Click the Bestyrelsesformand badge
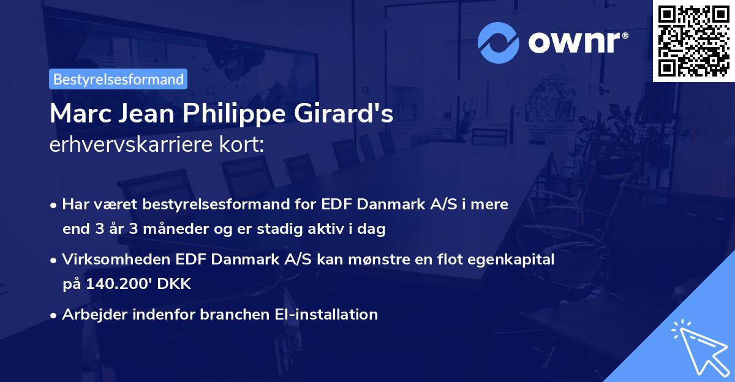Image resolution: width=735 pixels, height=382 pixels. pos(118,79)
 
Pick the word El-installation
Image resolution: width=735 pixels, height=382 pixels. pos(324,315)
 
